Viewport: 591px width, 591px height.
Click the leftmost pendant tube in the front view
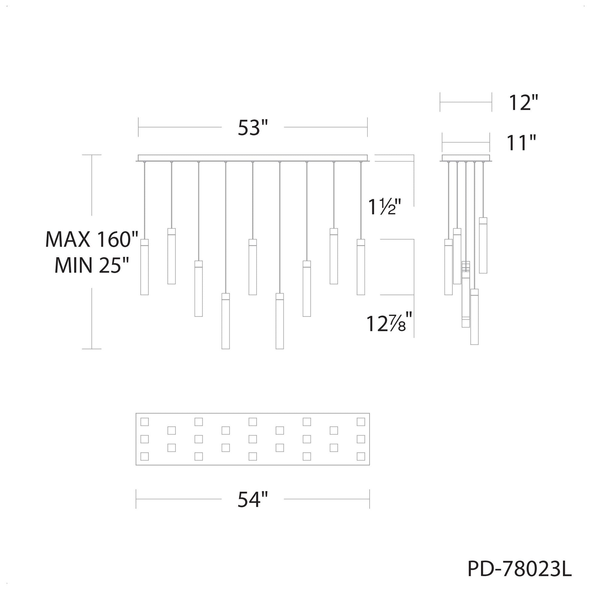point(144,267)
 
